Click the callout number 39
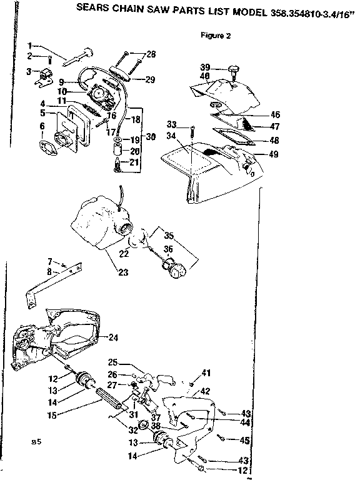point(204,67)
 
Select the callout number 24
point(113,337)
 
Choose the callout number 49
point(274,154)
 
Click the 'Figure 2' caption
point(216,36)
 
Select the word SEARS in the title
point(90,8)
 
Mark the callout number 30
point(150,137)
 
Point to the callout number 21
point(134,162)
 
